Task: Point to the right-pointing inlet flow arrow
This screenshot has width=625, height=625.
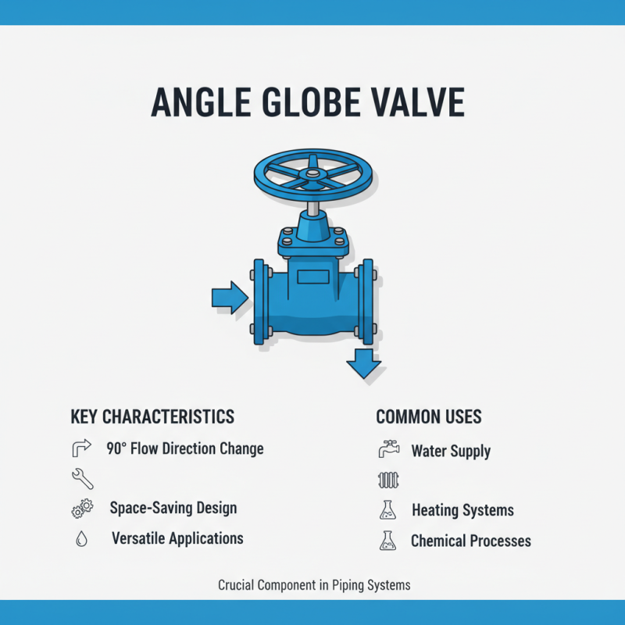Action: pos(229,298)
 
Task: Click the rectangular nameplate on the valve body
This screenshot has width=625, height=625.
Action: pos(312,276)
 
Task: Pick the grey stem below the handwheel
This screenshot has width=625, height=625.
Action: pos(312,209)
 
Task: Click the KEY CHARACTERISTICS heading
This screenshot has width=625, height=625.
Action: pos(152,416)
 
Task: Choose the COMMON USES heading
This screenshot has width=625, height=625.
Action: pos(429,416)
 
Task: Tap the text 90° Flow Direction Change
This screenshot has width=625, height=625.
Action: pos(185,449)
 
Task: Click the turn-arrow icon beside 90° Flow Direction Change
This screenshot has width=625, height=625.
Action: pos(80,449)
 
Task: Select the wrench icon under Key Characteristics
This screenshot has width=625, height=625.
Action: pos(80,477)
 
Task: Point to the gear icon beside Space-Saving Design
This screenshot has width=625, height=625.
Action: pos(80,509)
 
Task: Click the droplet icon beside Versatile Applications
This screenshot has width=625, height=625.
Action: pos(81,539)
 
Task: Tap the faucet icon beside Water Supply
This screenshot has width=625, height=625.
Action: pos(387,450)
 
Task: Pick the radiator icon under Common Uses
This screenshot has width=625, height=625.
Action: pos(387,480)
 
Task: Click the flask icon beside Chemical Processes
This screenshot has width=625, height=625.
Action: pos(387,541)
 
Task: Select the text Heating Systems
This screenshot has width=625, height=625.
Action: pos(462,511)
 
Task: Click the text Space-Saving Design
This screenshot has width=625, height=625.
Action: pos(173,508)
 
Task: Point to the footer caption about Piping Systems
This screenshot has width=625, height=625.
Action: pos(314,584)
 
